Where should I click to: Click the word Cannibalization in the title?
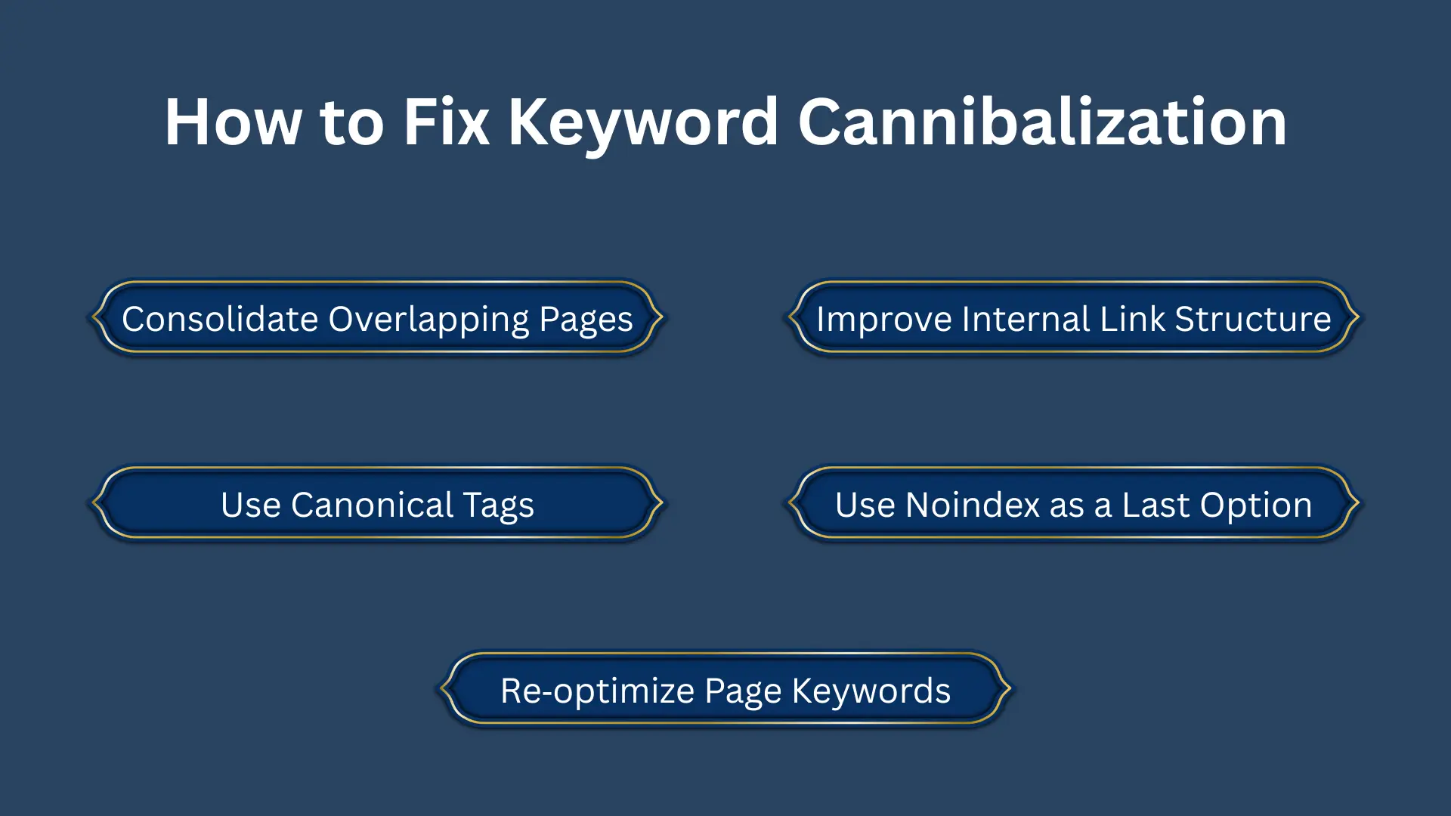1042,122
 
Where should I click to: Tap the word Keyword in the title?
642,122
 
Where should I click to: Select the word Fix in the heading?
446,122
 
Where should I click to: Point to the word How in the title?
234,122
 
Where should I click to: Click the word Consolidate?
220,319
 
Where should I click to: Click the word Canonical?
372,505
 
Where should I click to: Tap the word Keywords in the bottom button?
871,691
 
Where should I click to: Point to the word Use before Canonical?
251,505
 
